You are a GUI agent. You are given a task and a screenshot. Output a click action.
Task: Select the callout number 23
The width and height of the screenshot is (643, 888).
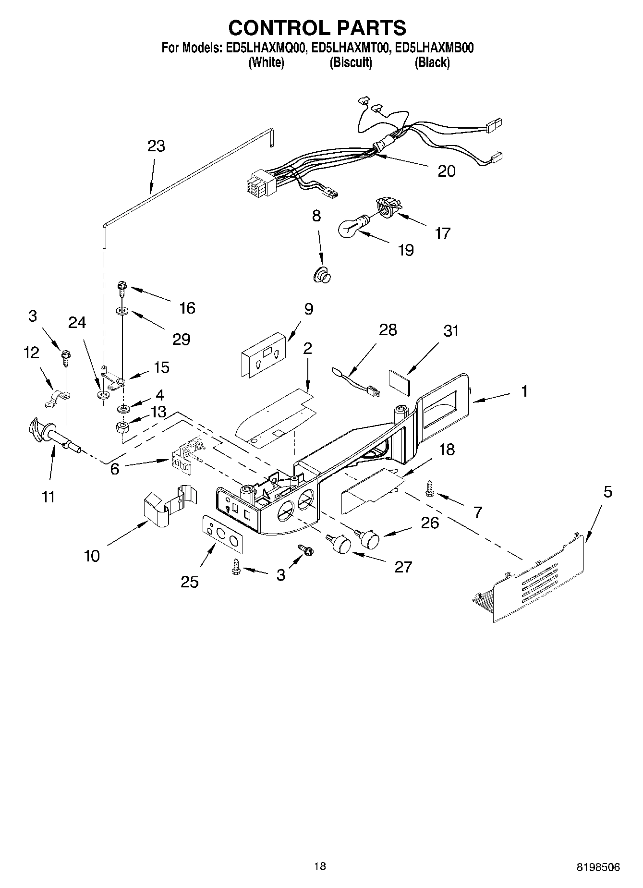pyautogui.click(x=156, y=146)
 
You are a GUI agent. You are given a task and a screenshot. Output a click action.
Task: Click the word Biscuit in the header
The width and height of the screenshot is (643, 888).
pyautogui.click(x=351, y=62)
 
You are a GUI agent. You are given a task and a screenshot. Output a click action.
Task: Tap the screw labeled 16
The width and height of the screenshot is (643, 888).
pyautogui.click(x=121, y=289)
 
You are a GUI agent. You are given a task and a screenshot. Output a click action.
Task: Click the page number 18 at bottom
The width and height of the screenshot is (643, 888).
pyautogui.click(x=320, y=866)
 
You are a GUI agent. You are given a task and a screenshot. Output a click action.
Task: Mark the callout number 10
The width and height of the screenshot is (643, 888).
pyautogui.click(x=92, y=556)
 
